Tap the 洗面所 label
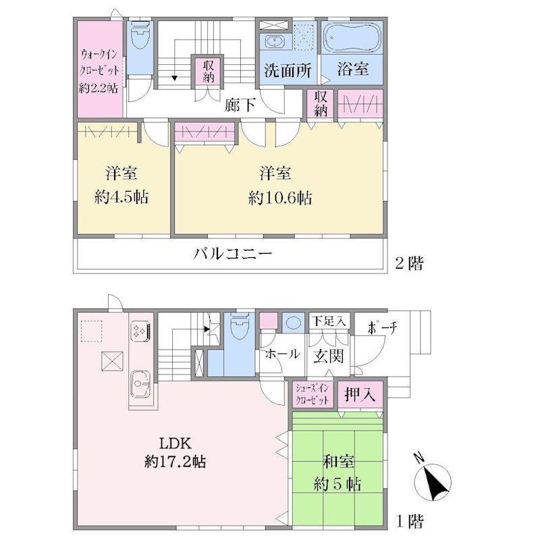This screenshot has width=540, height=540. click(288, 70)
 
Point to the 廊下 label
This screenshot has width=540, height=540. click(240, 105)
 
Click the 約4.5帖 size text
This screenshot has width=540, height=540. click(122, 197)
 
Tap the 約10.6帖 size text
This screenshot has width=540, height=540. click(280, 198)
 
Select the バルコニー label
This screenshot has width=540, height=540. click(233, 254)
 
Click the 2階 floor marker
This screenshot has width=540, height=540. click(409, 263)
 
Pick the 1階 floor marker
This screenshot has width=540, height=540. click(410, 521)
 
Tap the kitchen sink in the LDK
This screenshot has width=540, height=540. click(140, 385)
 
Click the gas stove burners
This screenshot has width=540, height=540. click(140, 331)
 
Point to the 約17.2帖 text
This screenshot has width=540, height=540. click(175, 461)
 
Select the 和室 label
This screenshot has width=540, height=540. click(338, 461)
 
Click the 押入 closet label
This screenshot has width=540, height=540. click(360, 394)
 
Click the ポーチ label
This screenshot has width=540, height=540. click(382, 328)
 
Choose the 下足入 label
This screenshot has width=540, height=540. click(329, 321)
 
